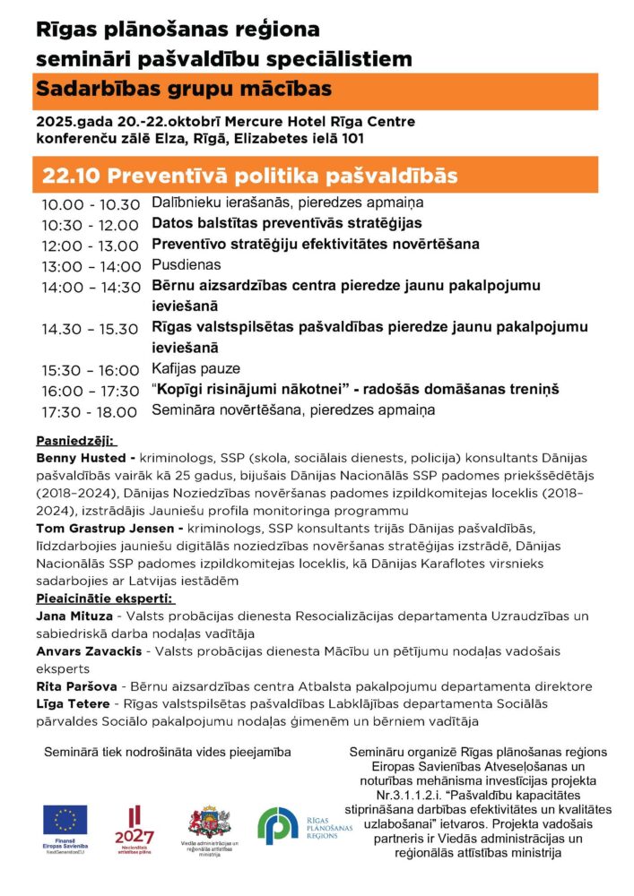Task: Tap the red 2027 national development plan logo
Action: [x=135, y=824]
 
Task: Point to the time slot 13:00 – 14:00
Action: [x=91, y=266]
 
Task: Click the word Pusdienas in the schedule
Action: [x=186, y=265]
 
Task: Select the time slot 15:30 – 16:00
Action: [x=91, y=370]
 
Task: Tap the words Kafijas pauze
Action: [x=195, y=369]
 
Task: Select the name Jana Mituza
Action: [x=74, y=617]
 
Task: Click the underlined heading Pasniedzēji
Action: [x=75, y=441]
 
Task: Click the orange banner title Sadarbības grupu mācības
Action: [x=184, y=90]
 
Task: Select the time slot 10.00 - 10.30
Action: [x=91, y=204]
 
